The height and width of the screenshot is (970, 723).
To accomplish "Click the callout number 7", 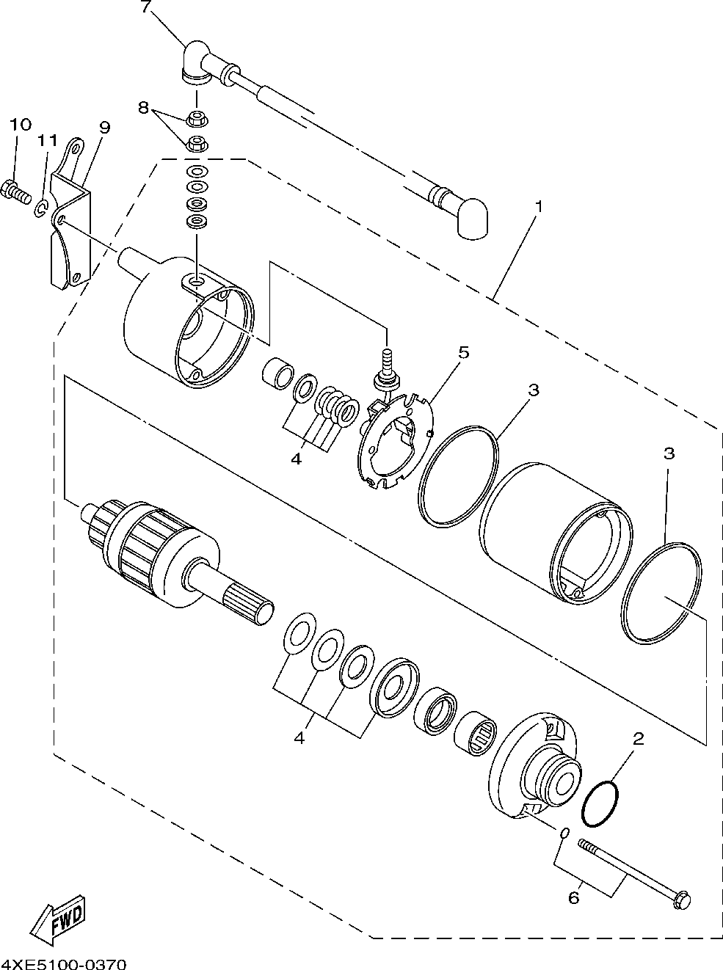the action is (x=145, y=8).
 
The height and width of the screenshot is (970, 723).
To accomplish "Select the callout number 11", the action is (x=48, y=139).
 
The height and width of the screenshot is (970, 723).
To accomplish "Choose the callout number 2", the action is (x=638, y=739).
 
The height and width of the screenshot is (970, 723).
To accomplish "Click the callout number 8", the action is (x=143, y=107).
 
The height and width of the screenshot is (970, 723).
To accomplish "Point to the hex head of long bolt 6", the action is (x=681, y=897).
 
